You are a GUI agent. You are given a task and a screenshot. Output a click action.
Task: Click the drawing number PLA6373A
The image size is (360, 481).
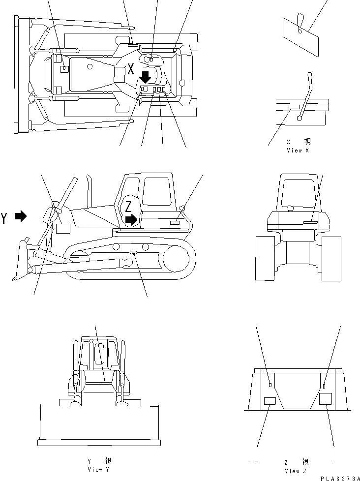(340, 478)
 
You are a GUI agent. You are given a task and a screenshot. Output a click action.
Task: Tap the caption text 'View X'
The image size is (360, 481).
(298, 150)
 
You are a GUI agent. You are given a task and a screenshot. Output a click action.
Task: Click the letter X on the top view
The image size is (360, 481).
(130, 69)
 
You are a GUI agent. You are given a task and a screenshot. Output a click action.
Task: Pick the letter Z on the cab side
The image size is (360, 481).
(128, 206)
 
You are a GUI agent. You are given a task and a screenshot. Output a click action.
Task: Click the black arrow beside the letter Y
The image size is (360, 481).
(21, 216)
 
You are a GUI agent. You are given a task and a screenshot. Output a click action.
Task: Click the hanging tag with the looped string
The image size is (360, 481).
(300, 35)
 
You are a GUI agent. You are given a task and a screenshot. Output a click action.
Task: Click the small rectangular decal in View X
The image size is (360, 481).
(294, 107)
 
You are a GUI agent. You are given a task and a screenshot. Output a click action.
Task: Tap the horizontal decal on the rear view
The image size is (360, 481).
(311, 222)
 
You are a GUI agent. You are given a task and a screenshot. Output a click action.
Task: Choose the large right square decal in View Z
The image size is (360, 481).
(326, 398)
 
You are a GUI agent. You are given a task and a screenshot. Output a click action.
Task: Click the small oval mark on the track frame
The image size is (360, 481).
(134, 253)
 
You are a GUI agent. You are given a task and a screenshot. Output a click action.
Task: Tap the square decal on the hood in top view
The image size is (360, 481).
(64, 70)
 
